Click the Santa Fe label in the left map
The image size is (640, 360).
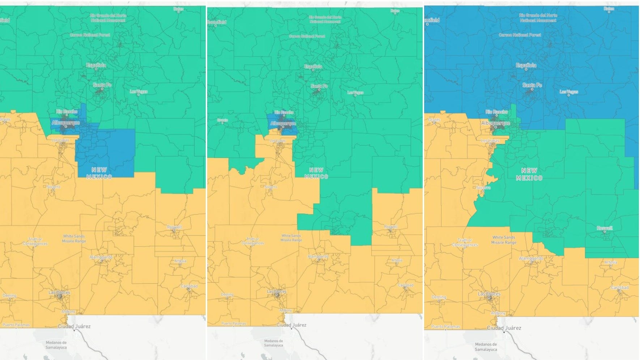102,85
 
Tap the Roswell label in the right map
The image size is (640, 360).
605,228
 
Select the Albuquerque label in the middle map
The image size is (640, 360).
283,124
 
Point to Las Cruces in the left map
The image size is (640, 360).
59,292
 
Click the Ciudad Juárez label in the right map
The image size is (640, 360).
504,328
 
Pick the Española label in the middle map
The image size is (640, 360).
313,67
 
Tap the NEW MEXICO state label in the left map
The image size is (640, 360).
99,173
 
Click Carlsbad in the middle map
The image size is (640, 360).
406,285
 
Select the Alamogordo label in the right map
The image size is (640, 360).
531,258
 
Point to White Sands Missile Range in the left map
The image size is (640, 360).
74,239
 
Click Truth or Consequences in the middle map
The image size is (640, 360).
253,241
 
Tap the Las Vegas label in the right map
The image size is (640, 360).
569,92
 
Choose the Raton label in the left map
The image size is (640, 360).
178,9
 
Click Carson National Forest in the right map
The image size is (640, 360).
520,35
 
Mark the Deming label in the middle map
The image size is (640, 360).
227,295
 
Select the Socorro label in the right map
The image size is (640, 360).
483,188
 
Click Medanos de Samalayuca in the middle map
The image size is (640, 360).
273,343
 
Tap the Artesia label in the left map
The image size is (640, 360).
180,261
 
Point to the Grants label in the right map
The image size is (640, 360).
434,120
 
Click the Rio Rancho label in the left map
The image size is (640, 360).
67,112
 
